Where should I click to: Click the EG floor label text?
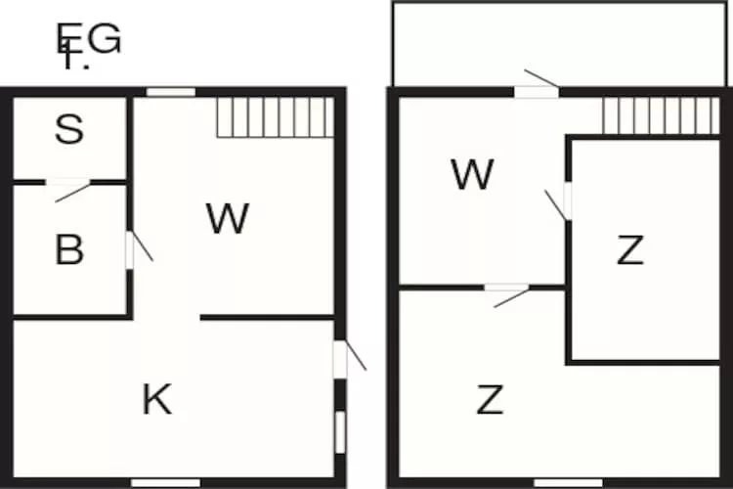(89, 40)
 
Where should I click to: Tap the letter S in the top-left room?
(68, 130)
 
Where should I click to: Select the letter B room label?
(68, 251)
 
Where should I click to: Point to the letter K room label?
(157, 399)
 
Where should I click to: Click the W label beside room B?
(228, 218)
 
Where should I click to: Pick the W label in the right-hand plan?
(472, 175)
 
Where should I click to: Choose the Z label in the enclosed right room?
(630, 251)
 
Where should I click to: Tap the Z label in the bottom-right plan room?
(490, 399)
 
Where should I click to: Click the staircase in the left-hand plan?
(275, 117)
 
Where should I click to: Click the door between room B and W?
(131, 248)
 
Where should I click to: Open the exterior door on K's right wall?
(341, 358)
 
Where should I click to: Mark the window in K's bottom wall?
(165, 482)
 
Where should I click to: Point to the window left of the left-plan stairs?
(171, 93)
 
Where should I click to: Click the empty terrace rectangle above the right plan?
(562, 44)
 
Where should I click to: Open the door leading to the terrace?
(537, 90)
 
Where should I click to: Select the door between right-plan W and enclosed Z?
(566, 201)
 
